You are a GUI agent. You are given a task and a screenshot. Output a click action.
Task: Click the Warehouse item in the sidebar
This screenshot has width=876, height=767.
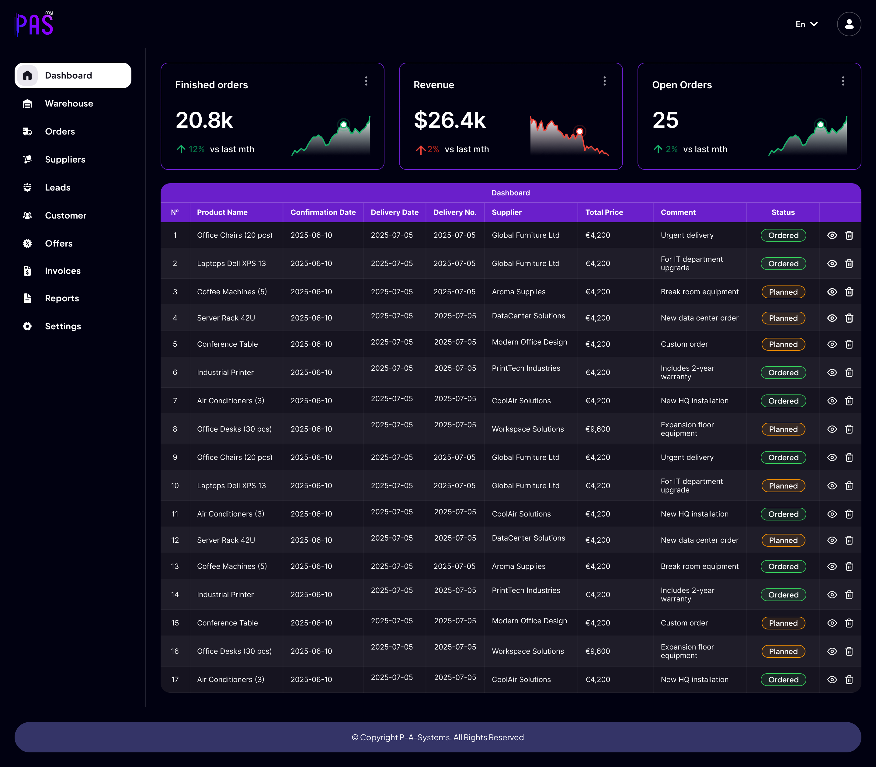click(x=58, y=103)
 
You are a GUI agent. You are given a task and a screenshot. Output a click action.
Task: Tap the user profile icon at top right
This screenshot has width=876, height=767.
click(x=849, y=24)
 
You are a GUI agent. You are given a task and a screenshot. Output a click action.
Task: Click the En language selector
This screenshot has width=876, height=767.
click(x=807, y=24)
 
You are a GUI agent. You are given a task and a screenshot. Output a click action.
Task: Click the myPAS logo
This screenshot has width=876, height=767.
click(x=34, y=24)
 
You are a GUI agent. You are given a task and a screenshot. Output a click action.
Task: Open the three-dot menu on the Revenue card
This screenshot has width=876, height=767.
click(x=604, y=81)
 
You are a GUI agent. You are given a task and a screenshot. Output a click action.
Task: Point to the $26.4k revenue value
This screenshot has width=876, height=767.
click(x=450, y=120)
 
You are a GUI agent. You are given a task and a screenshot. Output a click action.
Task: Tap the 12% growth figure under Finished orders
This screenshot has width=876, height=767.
click(x=196, y=149)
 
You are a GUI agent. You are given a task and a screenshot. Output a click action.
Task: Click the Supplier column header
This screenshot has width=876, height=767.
click(x=506, y=212)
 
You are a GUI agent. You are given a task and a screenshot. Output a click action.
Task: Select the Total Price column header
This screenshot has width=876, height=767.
click(x=604, y=212)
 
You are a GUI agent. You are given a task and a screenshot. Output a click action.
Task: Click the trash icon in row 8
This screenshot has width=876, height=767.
click(x=849, y=429)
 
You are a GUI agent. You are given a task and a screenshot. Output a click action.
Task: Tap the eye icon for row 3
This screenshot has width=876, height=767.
click(x=832, y=292)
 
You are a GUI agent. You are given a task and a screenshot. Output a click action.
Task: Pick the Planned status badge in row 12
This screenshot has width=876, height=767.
click(x=783, y=540)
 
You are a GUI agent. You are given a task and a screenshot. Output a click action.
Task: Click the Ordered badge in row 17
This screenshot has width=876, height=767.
click(x=783, y=680)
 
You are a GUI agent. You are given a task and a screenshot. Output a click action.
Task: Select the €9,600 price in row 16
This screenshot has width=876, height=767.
click(x=598, y=651)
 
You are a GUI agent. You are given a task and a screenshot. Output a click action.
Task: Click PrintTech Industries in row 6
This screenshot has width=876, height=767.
click(x=526, y=368)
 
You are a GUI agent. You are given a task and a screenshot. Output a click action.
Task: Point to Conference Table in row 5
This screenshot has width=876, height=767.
click(x=227, y=344)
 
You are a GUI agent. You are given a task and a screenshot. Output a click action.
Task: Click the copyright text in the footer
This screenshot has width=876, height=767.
click(x=438, y=737)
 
